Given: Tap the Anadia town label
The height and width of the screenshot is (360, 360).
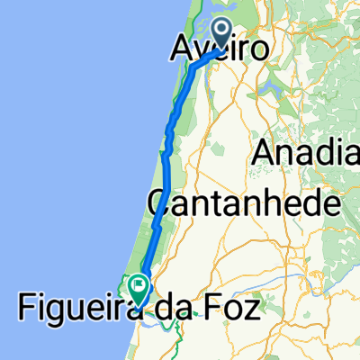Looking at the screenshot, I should coord(307,152).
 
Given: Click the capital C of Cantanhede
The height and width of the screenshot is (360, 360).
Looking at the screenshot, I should coord(160,204).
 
